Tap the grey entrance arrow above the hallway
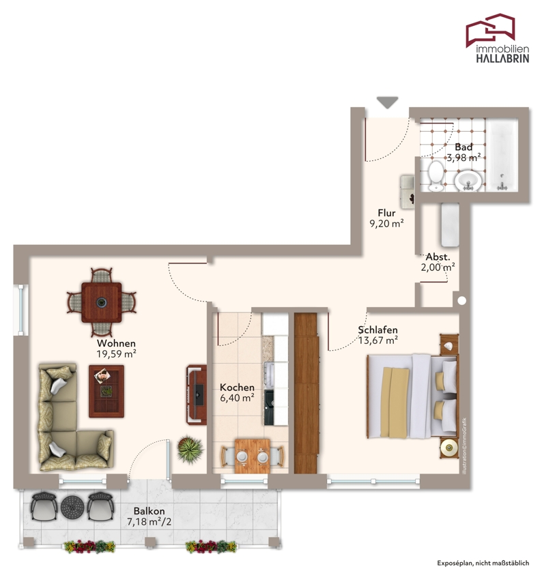pos(387,102)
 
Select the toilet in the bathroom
pos(436,176)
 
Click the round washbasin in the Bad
pos(468,182)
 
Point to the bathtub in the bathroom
pos(502,156)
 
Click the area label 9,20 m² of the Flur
pos(386,223)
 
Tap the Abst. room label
pos(438,257)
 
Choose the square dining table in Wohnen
pos(102,302)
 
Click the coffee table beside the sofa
pos(106,391)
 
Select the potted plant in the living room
pos(190,450)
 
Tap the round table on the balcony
pos(73,507)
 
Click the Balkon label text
pos(149,511)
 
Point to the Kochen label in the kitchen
pos(237,388)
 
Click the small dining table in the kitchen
pos(253,456)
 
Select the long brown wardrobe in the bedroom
pos(306,393)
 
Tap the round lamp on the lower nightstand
pos(450,448)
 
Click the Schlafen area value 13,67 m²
pos(378,340)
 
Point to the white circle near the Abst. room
pos(461,301)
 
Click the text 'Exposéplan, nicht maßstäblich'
pos(483,563)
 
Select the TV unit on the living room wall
pos(197,394)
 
